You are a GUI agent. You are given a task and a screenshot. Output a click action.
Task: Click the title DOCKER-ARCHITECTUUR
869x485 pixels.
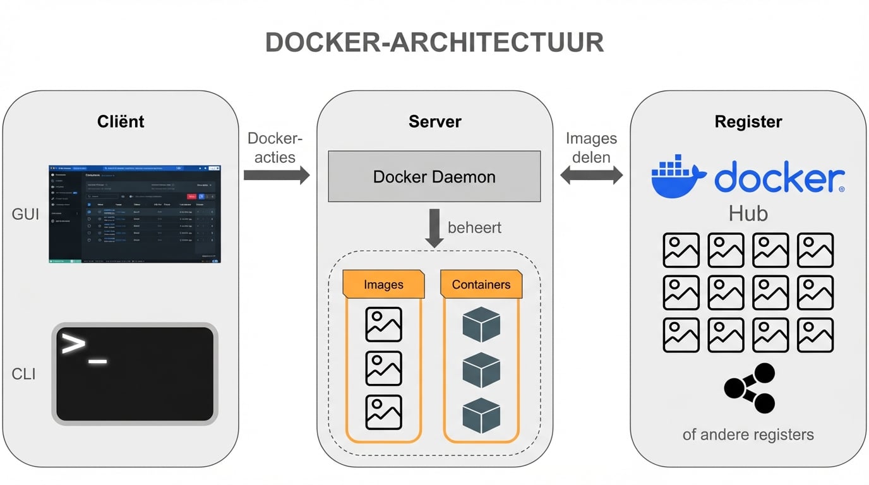[434, 42]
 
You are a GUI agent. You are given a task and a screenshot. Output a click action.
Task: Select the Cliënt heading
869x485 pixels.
[121, 121]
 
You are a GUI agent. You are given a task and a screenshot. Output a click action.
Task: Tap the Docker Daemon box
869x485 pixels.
[434, 176]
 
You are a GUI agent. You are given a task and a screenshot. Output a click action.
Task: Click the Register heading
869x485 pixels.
[748, 121]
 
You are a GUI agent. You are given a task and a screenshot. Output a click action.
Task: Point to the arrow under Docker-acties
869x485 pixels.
[277, 175]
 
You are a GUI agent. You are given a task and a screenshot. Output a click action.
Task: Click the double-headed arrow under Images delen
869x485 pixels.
[591, 176]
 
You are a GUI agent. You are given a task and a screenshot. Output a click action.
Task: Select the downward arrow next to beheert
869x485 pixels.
[434, 228]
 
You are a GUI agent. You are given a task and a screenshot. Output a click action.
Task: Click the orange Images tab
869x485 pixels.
[383, 285]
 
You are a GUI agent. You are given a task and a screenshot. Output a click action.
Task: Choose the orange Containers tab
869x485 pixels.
[481, 285]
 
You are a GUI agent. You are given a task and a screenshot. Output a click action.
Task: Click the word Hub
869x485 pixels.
[748, 213]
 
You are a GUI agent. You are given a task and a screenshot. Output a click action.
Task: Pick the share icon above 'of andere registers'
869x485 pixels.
[750, 388]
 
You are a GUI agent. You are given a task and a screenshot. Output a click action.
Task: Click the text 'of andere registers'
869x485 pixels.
[748, 434]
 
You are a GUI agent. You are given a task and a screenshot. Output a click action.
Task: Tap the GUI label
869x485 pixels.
[25, 215]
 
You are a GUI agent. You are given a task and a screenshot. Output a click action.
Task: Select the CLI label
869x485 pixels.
[24, 374]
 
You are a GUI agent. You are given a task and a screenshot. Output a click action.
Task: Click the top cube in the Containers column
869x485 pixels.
[481, 325]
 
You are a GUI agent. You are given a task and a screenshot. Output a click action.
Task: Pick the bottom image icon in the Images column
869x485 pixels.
[383, 412]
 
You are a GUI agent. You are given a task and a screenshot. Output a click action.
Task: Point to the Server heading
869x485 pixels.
[434, 121]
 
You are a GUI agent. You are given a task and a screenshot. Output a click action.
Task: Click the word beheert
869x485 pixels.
[474, 227]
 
